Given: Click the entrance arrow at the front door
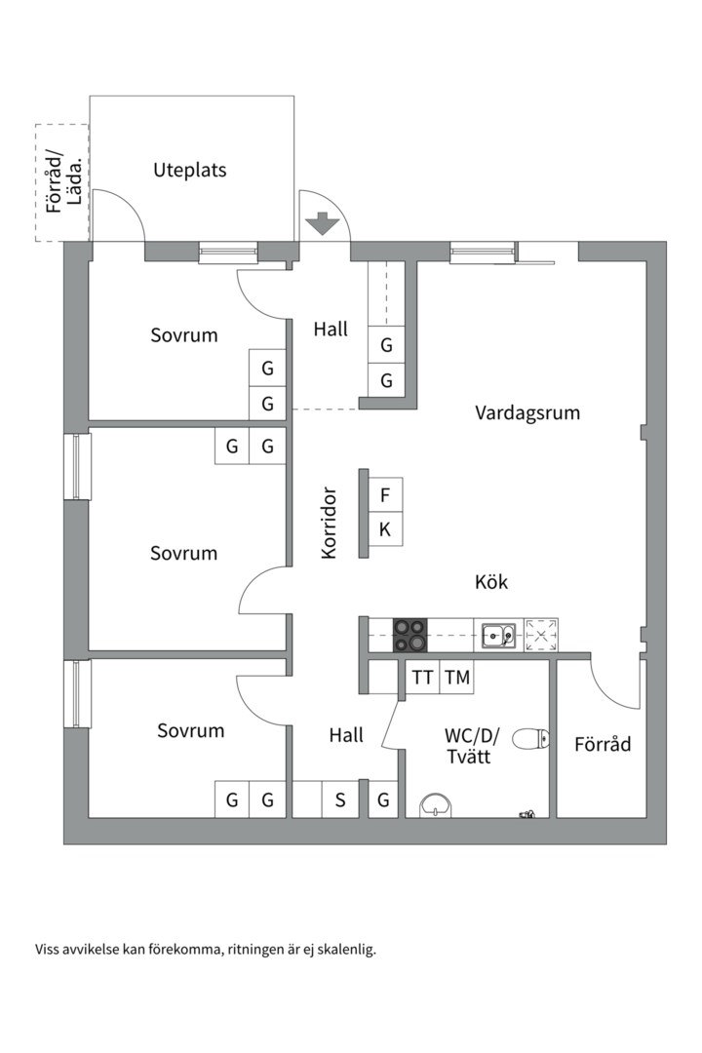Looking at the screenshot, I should pos(322,225).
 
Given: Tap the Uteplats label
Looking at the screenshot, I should pos(190,170).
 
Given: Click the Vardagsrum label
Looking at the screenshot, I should pos(527,412).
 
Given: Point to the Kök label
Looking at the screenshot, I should pos(491,582).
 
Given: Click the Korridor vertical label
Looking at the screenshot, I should pos(329,523).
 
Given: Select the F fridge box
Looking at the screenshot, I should pos(385,495).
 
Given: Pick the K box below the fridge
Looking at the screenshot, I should pos(385,529).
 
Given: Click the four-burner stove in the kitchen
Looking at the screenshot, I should pos(410,635).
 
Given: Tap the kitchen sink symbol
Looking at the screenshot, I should pos(499,635).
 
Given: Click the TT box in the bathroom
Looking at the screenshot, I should pos(422,678).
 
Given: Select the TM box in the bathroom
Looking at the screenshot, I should pos(456,678).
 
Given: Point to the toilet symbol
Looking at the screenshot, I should pos(531,739).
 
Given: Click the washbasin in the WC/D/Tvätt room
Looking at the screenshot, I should pos(435,805).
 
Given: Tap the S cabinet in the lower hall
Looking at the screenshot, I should pos(340,800).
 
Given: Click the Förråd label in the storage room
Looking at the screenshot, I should pos(602,745).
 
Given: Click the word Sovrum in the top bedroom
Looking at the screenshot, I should pos(184,335).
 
